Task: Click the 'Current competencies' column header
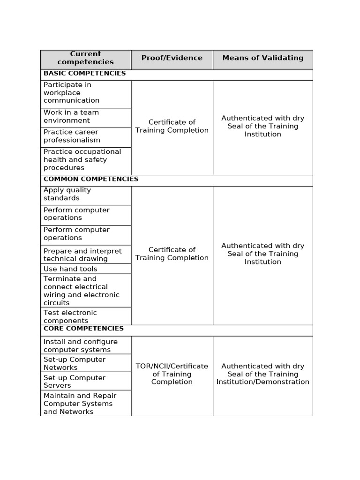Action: [x=85, y=58]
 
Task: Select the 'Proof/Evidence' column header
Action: [x=172, y=58]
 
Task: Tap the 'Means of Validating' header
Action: [x=262, y=58]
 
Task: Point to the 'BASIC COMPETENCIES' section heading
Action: [x=85, y=74]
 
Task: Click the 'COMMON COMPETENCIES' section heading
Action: [x=91, y=179]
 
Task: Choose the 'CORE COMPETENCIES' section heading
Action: [x=83, y=329]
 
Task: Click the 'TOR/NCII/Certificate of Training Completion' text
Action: [x=172, y=374]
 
